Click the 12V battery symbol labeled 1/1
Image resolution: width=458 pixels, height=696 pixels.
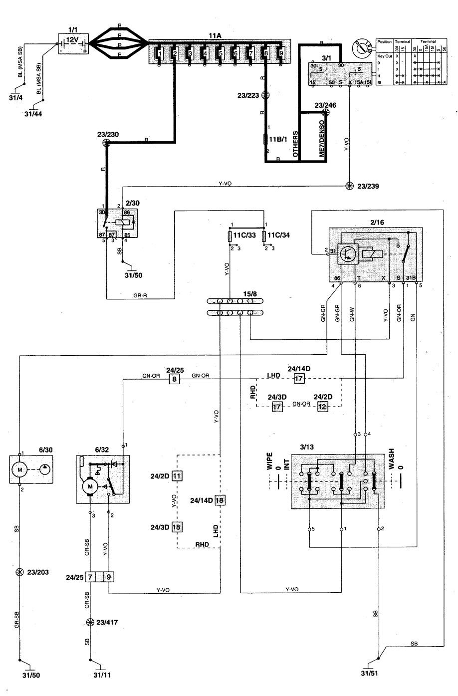click(x=73, y=43)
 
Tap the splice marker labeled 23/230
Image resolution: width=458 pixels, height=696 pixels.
click(x=106, y=143)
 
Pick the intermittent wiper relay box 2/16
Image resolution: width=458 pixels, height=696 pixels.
click(x=375, y=255)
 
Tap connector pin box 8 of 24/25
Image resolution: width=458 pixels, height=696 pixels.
click(x=174, y=379)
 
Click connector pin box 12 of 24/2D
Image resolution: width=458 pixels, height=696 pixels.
click(x=323, y=407)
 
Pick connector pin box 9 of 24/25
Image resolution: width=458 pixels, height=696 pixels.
click(x=109, y=577)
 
